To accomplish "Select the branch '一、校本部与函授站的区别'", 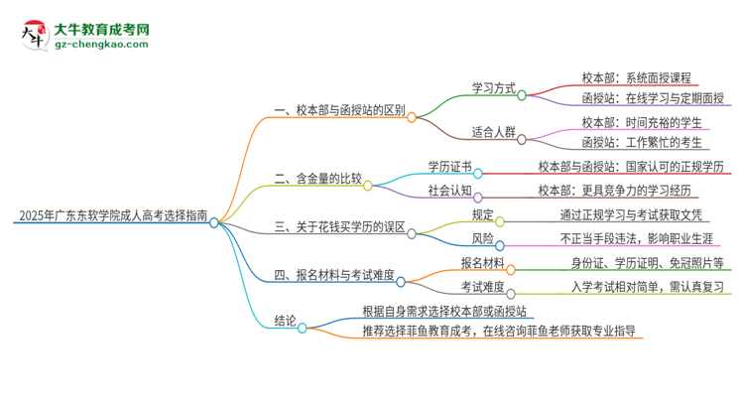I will [x=338, y=111].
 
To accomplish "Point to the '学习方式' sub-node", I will [x=491, y=88].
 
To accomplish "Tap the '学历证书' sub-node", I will [x=449, y=166].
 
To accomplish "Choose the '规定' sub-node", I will [x=483, y=213].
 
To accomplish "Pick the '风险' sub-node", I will [x=483, y=238].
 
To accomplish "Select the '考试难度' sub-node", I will [x=481, y=288].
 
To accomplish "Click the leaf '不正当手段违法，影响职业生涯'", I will [x=629, y=238].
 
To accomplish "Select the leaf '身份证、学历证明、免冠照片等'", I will [x=646, y=263].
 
